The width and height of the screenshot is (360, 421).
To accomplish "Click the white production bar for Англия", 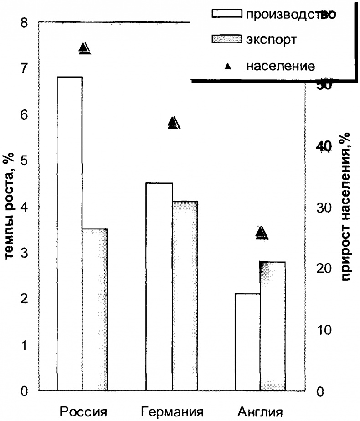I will [x=248, y=342].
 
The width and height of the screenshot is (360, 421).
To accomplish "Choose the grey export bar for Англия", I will [x=273, y=326].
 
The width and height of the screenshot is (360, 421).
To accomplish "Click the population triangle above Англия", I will [x=262, y=233].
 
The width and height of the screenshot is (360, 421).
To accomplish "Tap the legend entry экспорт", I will [x=272, y=40].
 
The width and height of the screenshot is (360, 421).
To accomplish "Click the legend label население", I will [x=280, y=66].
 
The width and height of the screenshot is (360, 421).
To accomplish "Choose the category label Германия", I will [x=172, y=410].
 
